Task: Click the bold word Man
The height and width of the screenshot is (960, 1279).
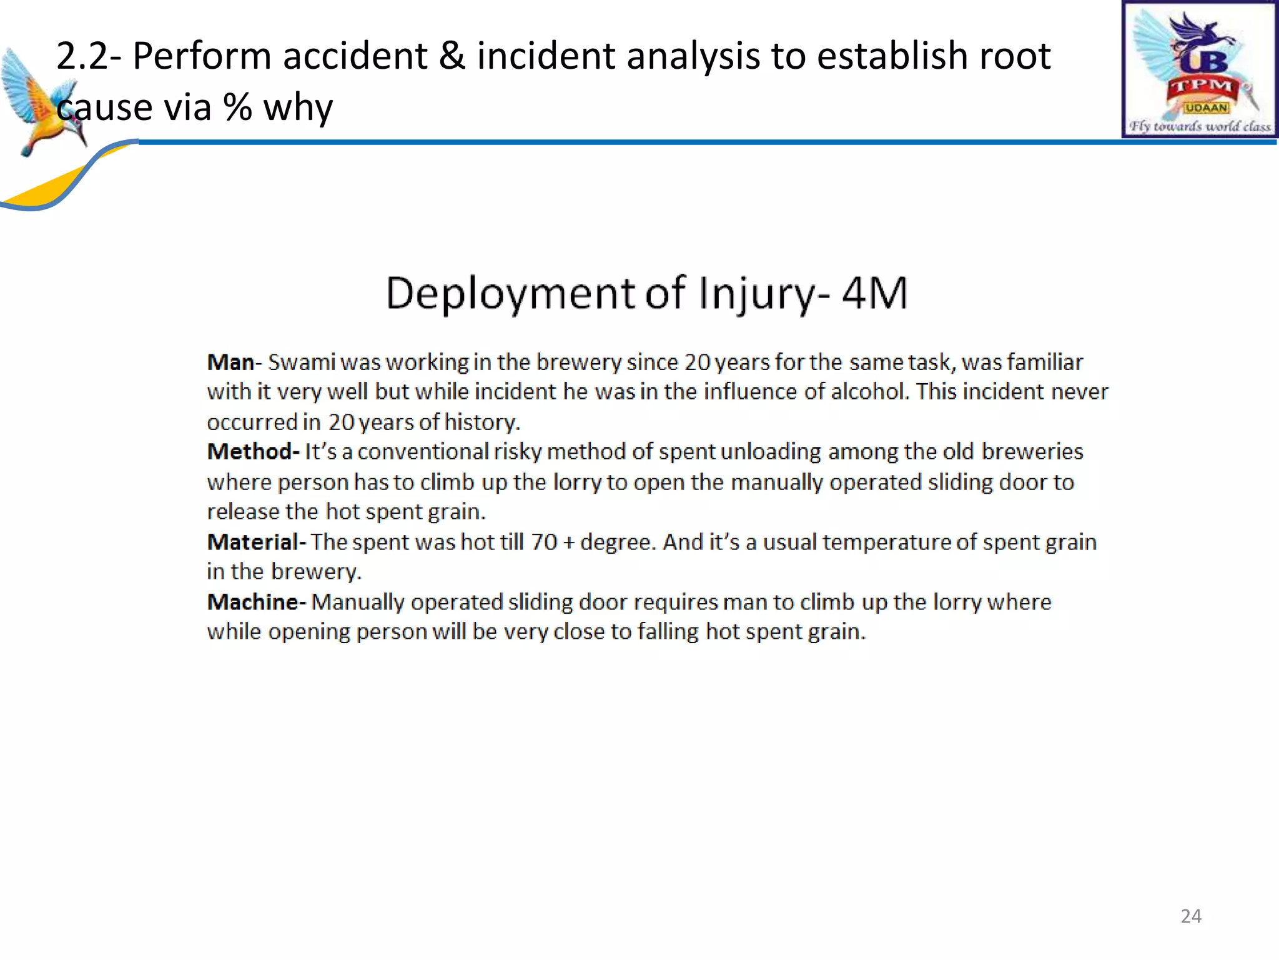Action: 230,362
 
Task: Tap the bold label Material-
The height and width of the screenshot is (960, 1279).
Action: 256,542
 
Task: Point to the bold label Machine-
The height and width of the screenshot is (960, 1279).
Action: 256,602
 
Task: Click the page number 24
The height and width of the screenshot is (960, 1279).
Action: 1190,916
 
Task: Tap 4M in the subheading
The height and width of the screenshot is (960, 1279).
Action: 874,293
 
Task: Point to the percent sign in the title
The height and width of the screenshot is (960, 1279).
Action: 238,107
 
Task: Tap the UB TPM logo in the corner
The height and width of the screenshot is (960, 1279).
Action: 1199,69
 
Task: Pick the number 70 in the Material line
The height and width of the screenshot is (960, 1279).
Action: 543,542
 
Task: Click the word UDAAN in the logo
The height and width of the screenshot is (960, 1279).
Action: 1206,108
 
